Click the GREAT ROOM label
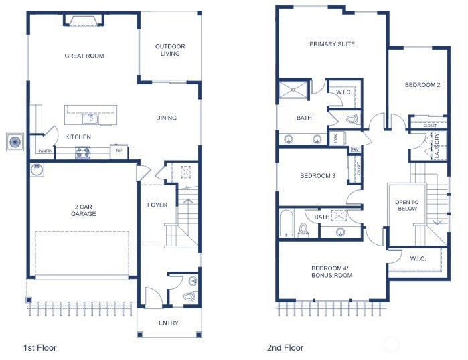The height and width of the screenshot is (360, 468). click(x=84, y=56)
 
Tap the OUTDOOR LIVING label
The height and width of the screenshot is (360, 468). click(x=170, y=50)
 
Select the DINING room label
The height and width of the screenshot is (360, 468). click(x=166, y=118)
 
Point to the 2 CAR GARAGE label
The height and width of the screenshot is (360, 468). click(x=84, y=209)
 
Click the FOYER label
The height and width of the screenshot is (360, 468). click(x=157, y=204)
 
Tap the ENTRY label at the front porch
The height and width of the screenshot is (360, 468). click(x=169, y=323)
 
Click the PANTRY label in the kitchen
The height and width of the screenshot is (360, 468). click(x=45, y=151)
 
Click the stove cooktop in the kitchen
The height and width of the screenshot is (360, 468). click(x=83, y=153)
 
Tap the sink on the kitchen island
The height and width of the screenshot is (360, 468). click(x=91, y=120)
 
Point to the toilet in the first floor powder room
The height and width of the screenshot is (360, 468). click(x=189, y=295)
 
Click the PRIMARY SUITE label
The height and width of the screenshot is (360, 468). click(x=332, y=44)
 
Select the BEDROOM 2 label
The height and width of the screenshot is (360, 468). click(x=422, y=85)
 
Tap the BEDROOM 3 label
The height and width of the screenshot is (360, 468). click(x=317, y=176)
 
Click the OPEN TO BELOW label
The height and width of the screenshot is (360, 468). click(x=406, y=205)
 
